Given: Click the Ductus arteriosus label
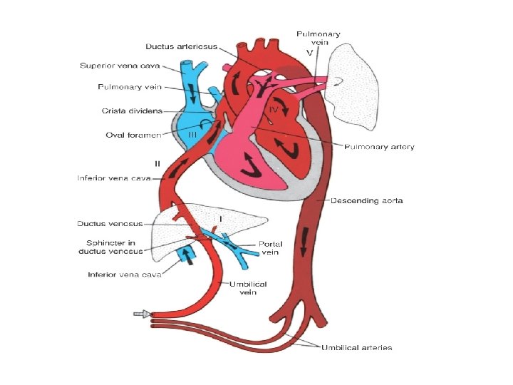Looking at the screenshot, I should (181, 46).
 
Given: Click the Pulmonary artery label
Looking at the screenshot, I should (379, 147).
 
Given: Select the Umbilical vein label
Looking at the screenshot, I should (248, 288).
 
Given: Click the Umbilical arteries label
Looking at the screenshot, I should (356, 348).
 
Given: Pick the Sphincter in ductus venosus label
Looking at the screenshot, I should (110, 247).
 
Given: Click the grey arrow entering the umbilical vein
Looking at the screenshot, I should (142, 314).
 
